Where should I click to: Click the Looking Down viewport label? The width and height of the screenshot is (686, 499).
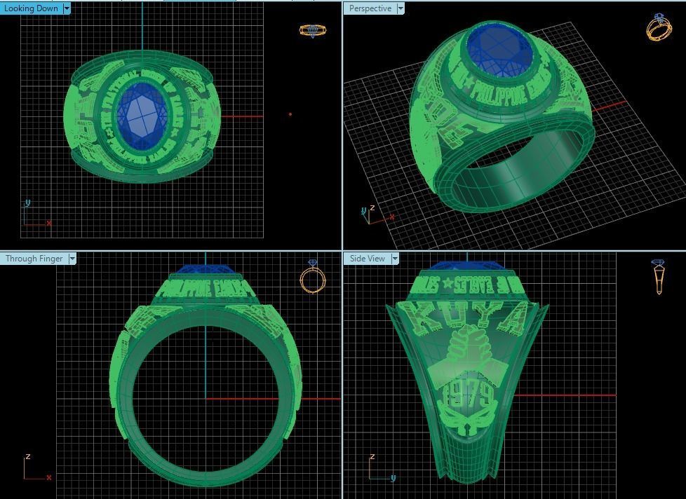tap(31, 8)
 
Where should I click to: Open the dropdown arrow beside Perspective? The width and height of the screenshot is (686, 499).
tap(401, 8)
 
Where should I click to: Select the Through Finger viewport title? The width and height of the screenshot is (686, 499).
tap(34, 259)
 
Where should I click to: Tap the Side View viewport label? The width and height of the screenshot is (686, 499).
tap(368, 259)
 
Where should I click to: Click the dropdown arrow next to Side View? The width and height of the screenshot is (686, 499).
tap(395, 259)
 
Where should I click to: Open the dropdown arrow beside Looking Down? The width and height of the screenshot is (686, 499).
tap(67, 8)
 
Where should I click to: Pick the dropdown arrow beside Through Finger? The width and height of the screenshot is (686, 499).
tap(72, 259)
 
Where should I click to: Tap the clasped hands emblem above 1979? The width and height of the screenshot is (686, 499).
tap(466, 357)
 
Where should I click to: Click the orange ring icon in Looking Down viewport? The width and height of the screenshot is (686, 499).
tap(312, 30)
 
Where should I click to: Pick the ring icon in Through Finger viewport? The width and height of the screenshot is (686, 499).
tap(312, 277)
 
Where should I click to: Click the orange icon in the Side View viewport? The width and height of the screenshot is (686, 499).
tap(657, 278)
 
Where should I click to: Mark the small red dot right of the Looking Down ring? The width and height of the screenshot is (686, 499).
tap(290, 114)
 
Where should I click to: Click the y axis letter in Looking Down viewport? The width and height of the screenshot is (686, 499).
tap(27, 203)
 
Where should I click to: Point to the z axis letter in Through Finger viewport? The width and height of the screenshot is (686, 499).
tap(27, 456)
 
